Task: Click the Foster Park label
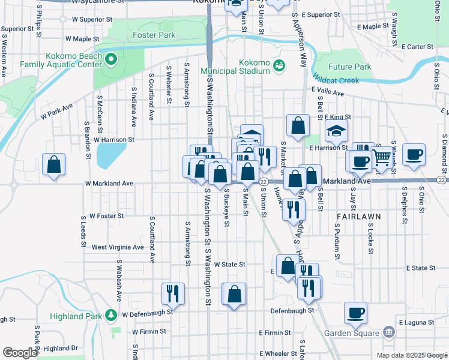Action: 154,35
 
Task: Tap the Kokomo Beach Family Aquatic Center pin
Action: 110,59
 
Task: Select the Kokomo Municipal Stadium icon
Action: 279,65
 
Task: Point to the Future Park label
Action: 350,67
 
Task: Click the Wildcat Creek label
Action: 336,80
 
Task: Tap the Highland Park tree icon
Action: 110,314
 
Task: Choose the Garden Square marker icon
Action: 388,333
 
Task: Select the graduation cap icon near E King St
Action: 337,130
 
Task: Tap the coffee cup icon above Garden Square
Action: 356,313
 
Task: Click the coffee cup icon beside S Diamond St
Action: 414,154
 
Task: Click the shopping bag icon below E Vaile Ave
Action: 298,125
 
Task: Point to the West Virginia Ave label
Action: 118,247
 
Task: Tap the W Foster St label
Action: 106,215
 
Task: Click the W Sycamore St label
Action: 92,2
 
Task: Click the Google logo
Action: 20,353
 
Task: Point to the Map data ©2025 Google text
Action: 411,355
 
